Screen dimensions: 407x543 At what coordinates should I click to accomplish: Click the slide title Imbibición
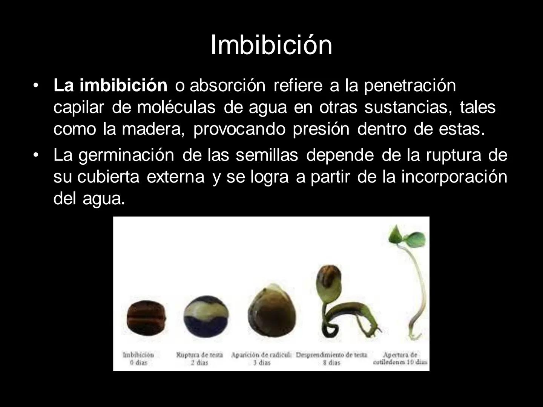(x=271, y=45)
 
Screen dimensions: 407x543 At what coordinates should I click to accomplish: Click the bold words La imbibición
(x=110, y=86)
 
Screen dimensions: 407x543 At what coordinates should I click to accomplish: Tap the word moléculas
(x=176, y=107)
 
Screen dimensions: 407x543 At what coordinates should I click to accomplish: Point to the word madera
(x=153, y=129)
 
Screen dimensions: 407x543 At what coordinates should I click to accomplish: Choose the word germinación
(x=126, y=155)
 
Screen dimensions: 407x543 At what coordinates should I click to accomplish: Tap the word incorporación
(x=454, y=177)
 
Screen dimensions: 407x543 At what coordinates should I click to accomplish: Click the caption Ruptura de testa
(x=199, y=355)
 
